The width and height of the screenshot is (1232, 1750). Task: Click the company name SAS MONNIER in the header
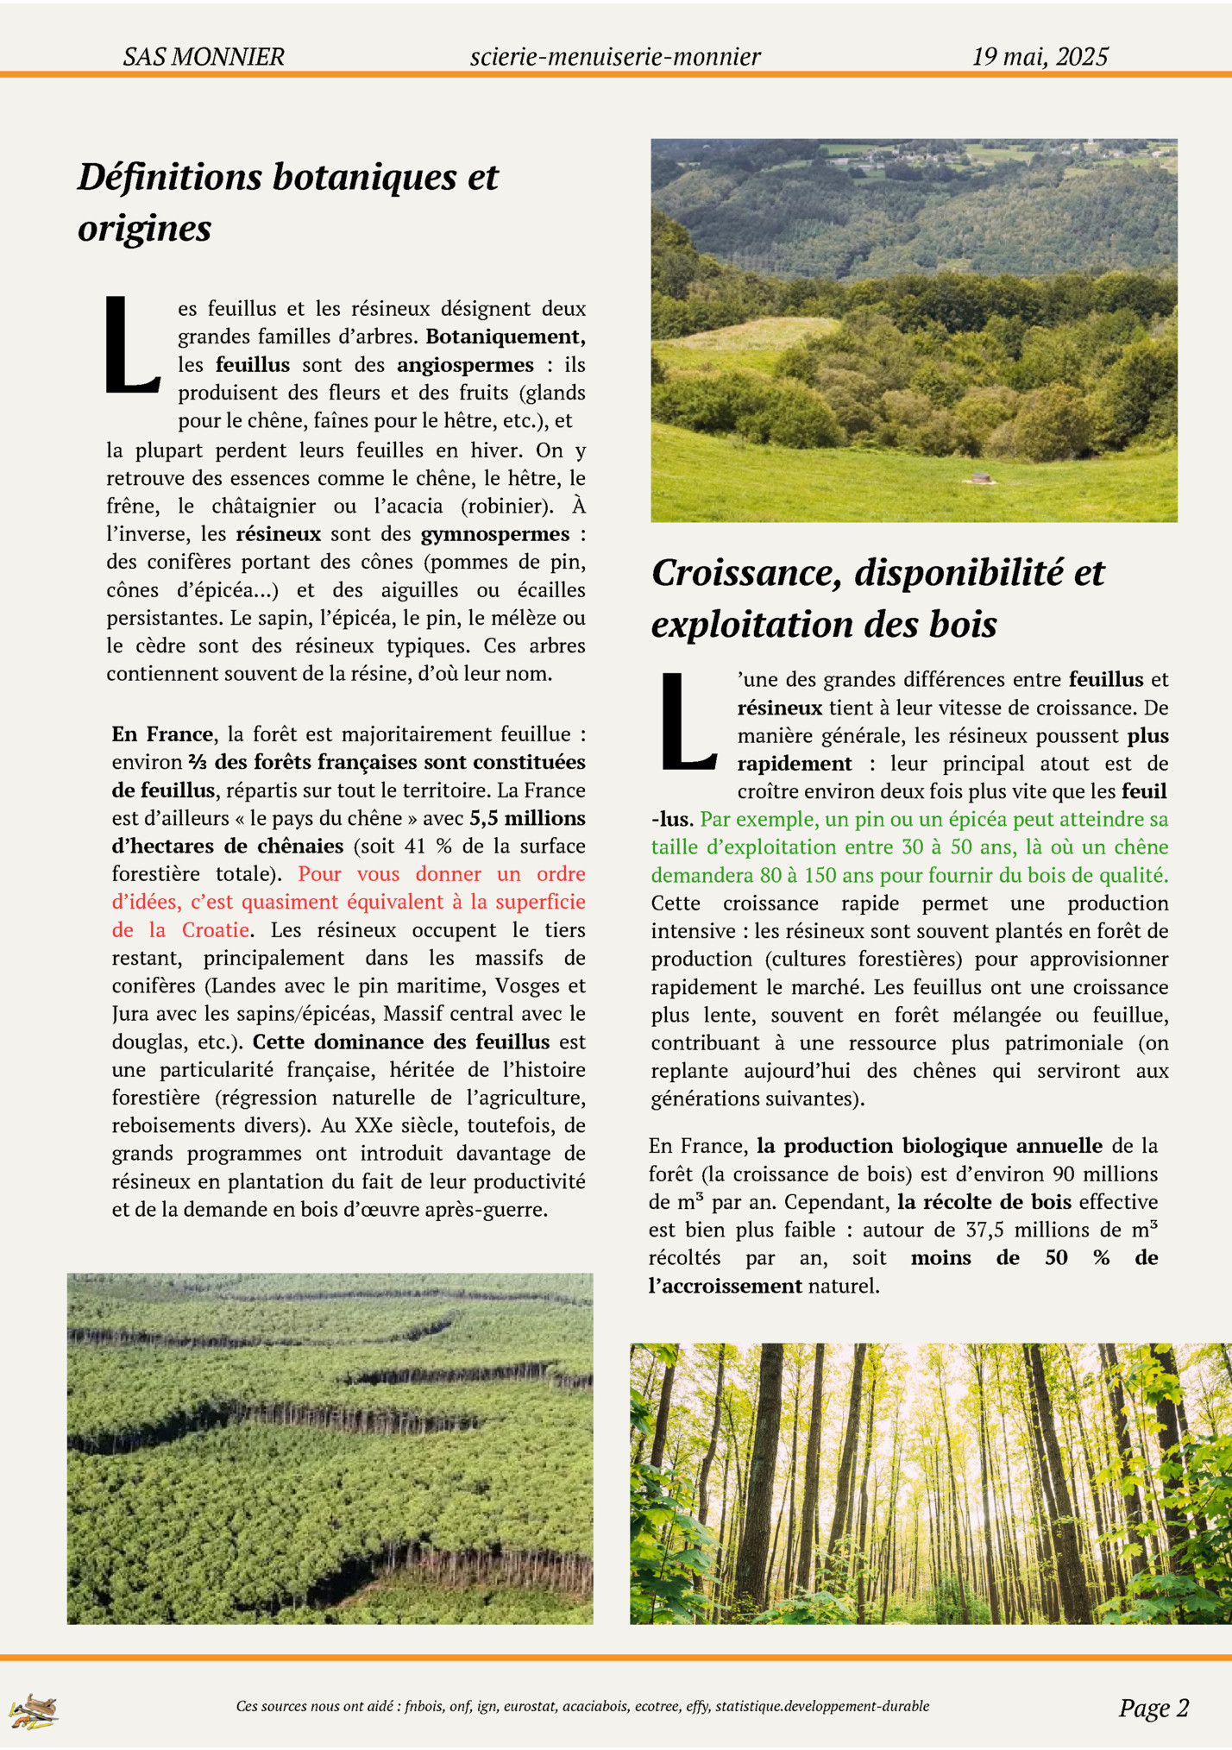coord(204,57)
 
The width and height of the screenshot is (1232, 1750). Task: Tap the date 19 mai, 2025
coord(1040,57)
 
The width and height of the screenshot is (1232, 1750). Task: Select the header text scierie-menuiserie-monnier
coord(615,57)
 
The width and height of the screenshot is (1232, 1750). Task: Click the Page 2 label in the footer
coord(1153,1708)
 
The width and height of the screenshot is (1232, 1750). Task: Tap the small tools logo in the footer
coord(34,1710)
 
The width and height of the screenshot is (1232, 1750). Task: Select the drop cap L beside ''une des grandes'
coord(688,722)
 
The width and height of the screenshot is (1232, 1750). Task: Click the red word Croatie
coord(216,930)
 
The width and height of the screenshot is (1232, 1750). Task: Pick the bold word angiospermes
coord(465,365)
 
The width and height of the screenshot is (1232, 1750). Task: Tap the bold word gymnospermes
coord(495,534)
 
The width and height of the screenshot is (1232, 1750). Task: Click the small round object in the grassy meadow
coord(980,477)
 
